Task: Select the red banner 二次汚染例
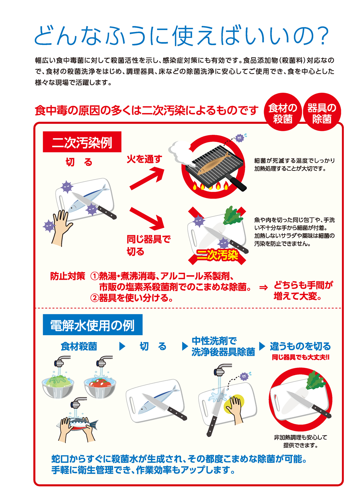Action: pyautogui.click(x=82, y=142)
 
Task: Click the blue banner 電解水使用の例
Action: pyautogui.click(x=93, y=325)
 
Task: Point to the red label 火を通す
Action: pyautogui.click(x=144, y=159)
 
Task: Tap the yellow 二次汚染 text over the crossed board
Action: pyautogui.click(x=217, y=255)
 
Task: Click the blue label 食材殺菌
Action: pyautogui.click(x=79, y=346)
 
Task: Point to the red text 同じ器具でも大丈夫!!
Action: pyautogui.click(x=300, y=357)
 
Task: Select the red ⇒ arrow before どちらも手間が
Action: pyautogui.click(x=263, y=287)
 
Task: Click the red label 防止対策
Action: pyautogui.click(x=68, y=276)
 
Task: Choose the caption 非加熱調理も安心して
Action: pyautogui.click(x=300, y=437)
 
